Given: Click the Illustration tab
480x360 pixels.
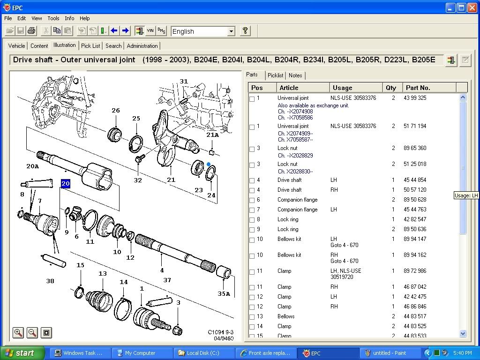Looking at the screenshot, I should coord(64,45).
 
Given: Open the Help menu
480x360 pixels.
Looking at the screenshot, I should coord(84,18).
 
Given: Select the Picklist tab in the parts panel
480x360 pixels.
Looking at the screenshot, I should coord(275,75).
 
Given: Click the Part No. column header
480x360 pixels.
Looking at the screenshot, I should coord(418,88).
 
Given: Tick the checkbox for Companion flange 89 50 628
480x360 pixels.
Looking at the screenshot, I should coord(252,200).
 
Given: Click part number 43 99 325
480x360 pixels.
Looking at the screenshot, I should coord(415,98).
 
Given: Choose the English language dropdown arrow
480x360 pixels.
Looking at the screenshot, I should coord(231,31).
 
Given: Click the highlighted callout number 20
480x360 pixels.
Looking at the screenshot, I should coord(65,184).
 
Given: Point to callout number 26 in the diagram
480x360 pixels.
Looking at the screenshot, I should coord(116,111).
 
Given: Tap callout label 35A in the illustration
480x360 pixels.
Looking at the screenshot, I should coord(224,294).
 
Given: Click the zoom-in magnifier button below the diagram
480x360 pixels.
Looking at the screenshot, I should coord(18,333).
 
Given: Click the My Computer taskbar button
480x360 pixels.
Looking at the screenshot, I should coord(140,353).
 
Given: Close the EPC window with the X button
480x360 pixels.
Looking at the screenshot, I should coord(472,7).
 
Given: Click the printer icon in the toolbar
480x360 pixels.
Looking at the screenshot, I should coord(31,31).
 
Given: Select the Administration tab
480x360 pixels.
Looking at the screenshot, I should coord(142,46).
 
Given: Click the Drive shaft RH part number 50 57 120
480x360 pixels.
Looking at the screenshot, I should coord(415,190).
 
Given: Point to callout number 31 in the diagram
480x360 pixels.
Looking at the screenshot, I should coord(184,81).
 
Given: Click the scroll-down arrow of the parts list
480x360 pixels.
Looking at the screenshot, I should coord(463,334).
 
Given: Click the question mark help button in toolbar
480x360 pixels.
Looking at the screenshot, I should coord(245,31).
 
